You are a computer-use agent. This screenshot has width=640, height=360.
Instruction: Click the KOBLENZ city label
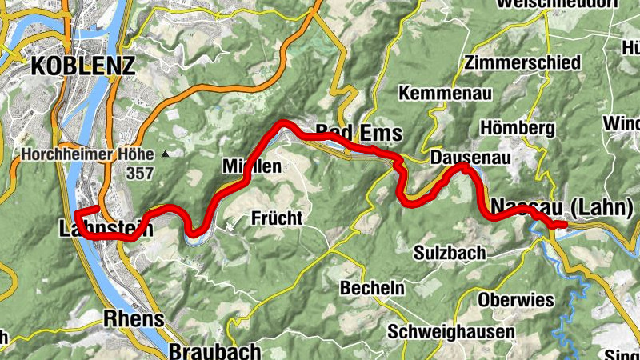[82, 66]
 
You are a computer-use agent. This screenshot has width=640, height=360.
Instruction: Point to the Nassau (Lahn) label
[559, 206]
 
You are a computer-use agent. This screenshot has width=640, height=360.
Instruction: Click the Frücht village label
[277, 217]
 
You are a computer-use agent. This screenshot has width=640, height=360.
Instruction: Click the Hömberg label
[518, 128]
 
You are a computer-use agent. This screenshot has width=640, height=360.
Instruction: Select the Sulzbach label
[450, 253]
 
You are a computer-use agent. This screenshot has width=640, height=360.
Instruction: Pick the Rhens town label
[134, 319]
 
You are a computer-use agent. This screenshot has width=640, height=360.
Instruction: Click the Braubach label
[215, 350]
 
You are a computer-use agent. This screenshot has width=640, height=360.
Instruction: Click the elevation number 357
[139, 172]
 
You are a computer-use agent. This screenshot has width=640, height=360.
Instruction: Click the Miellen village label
[251, 166]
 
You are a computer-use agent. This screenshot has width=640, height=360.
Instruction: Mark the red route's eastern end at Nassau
[564, 226]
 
